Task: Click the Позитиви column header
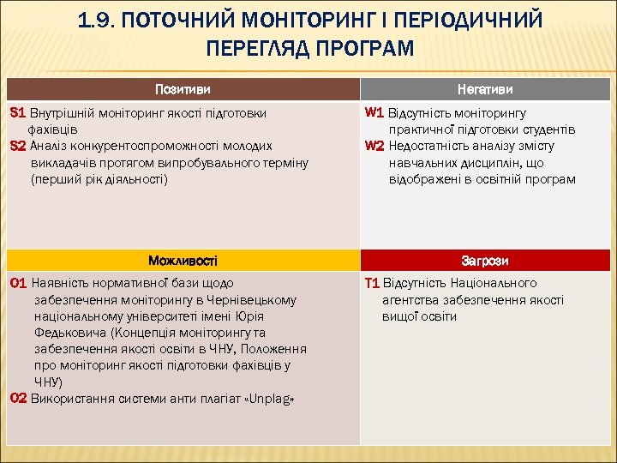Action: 182,89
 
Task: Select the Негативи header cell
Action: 485,89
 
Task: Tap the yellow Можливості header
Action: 182,260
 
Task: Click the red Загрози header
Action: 485,260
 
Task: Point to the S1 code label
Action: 18,112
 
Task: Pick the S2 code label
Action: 18,146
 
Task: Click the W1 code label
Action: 374,112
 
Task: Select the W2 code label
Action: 374,146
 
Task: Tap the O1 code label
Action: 19,283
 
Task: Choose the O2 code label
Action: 19,399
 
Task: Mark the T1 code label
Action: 372,283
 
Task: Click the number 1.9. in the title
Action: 95,20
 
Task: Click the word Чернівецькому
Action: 255,300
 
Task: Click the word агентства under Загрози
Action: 411,300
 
